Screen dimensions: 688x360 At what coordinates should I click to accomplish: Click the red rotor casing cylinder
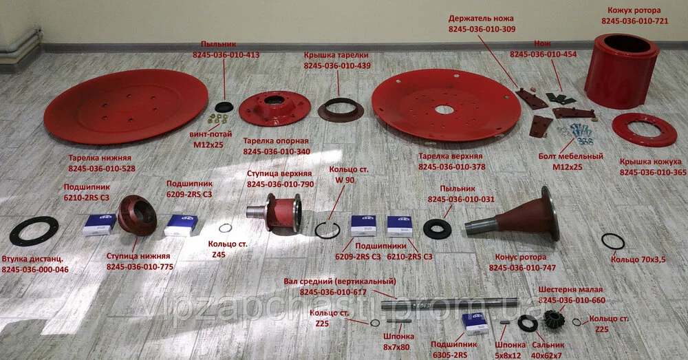pyautogui.click(x=622, y=72)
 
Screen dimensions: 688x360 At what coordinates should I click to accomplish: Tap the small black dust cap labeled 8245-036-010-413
pyautogui.click(x=224, y=106)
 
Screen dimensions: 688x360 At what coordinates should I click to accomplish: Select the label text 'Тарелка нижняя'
pyautogui.click(x=100, y=158)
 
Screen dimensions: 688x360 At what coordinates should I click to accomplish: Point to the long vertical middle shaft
pyautogui.click(x=450, y=304)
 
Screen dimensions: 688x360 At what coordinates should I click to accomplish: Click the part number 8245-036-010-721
pyautogui.click(x=634, y=21)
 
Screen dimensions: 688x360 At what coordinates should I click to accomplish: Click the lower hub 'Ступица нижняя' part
pyautogui.click(x=138, y=215)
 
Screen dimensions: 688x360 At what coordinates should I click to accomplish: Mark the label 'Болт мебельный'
pyautogui.click(x=570, y=156)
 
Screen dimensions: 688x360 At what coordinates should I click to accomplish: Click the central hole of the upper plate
pyautogui.click(x=444, y=109)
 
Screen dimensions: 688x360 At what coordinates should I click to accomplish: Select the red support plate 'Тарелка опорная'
pyautogui.click(x=275, y=108)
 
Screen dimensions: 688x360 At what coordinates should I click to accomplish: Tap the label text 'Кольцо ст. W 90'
pyautogui.click(x=349, y=174)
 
